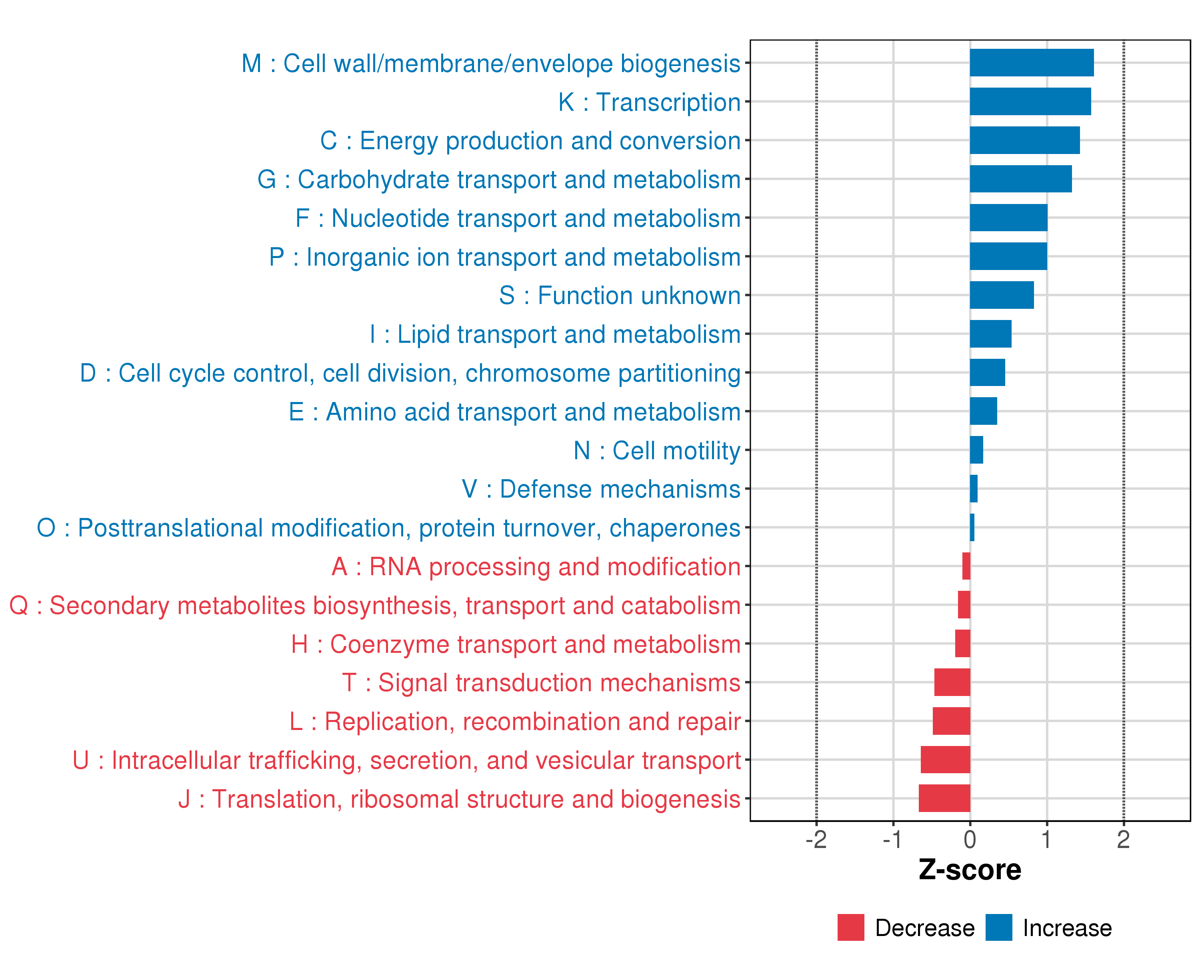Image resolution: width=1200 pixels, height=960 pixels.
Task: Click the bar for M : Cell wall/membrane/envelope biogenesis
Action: click(1031, 62)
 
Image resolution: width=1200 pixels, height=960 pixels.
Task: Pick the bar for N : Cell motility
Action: click(976, 450)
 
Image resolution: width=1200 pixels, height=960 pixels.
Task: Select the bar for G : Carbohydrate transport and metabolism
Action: click(1020, 179)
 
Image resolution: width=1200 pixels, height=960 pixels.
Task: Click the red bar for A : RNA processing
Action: click(966, 566)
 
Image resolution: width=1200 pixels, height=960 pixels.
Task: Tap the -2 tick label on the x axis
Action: click(816, 840)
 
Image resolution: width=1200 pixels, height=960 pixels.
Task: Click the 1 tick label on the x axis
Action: click(1046, 840)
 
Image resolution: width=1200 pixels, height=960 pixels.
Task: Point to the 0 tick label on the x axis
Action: click(970, 840)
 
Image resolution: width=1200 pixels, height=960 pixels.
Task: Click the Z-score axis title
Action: click(970, 870)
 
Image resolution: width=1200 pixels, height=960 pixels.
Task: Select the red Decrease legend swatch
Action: click(850, 927)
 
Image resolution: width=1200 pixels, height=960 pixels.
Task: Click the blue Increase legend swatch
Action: click(998, 927)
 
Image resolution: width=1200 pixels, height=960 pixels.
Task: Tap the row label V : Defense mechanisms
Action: click(601, 489)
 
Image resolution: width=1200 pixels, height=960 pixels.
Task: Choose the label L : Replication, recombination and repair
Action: click(515, 721)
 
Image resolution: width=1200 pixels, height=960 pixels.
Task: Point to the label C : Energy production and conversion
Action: click(530, 140)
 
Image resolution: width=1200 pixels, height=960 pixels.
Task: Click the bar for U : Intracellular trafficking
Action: click(945, 759)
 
